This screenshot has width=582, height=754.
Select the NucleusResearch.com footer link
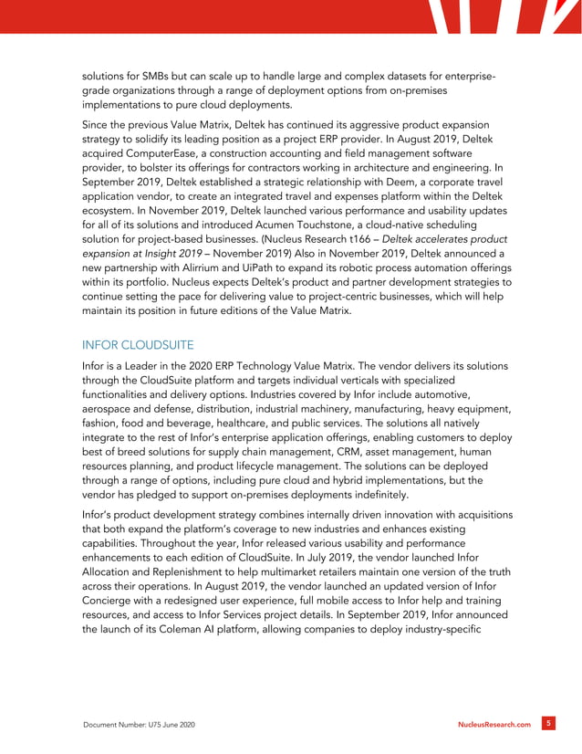point(494,724)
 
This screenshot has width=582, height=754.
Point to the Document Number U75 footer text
point(139,724)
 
